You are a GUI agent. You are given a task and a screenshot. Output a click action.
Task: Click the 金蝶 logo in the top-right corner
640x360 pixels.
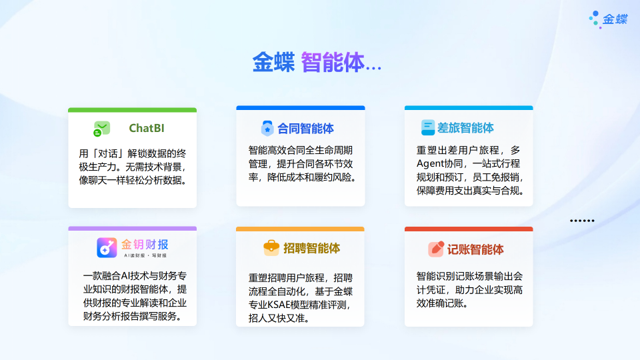608,19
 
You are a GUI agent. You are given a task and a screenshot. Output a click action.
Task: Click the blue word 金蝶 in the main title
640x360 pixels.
273,63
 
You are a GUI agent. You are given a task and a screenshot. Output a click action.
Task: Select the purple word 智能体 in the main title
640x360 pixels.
333,63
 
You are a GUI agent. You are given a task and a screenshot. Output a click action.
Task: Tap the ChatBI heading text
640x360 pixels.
147,128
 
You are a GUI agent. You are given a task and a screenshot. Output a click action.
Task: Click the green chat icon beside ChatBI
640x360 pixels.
101,129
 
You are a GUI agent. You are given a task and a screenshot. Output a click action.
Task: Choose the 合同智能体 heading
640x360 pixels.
306,128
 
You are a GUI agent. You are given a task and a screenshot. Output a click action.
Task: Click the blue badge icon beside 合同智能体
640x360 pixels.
267,128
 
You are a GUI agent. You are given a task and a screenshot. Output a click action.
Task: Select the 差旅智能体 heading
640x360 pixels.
466,127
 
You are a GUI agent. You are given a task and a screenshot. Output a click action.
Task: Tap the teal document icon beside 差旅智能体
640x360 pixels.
428,127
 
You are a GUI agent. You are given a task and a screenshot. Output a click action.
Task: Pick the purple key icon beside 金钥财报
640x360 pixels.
107,248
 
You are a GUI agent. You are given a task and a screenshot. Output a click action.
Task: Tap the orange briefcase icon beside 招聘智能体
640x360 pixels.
271,248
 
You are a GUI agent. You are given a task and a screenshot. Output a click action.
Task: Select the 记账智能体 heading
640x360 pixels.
475,249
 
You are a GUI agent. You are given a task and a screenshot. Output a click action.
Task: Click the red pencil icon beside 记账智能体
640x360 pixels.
436,249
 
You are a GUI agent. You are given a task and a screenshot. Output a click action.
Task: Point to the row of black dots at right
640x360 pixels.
581,221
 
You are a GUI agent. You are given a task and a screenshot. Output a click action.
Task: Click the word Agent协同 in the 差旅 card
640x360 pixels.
441,164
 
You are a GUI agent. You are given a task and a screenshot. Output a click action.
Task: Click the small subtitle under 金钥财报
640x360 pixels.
145,255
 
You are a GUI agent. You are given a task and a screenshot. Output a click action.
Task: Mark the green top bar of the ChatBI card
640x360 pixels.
132,109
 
